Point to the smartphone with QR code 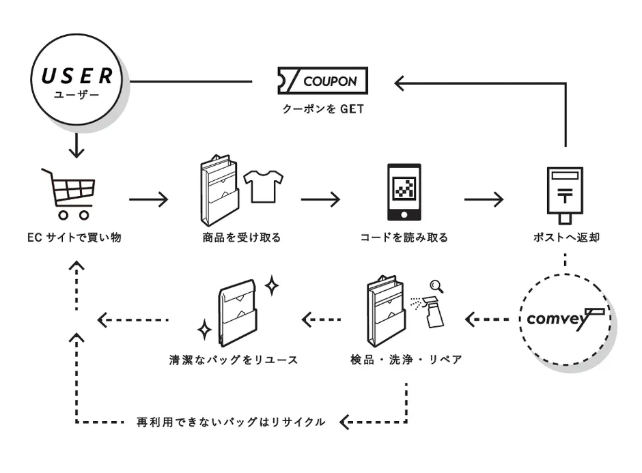pos(404,192)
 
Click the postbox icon pos(565,193)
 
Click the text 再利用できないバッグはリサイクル pos(231,422)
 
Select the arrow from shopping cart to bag pos(148,199)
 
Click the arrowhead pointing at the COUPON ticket pos(400,83)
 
